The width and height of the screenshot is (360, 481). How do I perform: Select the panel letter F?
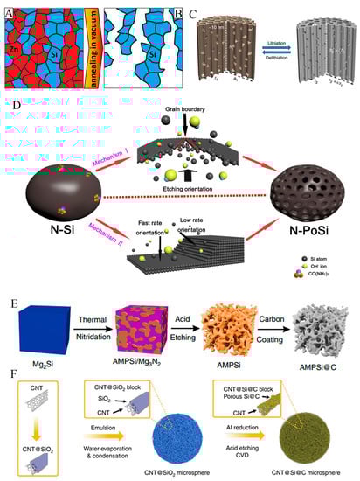(9, 382)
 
